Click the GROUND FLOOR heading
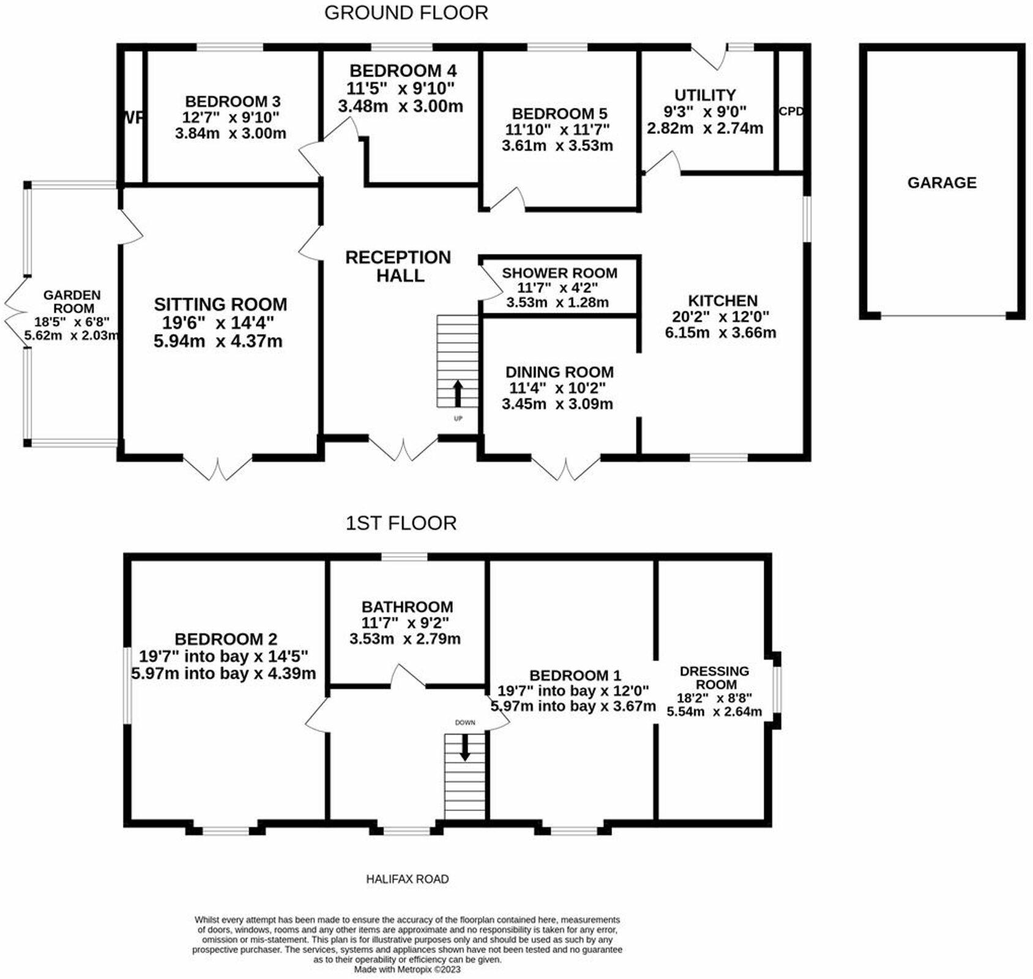pos(406,13)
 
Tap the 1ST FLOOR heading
pos(401,523)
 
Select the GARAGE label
pos(942,182)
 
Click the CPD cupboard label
pos(790,112)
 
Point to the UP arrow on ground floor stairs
pos(457,393)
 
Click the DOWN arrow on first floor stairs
pos(465,747)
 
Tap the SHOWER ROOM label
pos(559,273)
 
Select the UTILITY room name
pos(705,95)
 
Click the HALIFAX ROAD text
pos(407,879)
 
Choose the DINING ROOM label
pos(559,372)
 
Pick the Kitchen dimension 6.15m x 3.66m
pos(720,333)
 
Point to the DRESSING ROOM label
pos(714,677)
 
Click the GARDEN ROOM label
pos(72,302)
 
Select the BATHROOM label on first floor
pos(407,607)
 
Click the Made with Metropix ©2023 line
pos(407,969)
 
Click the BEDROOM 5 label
pos(559,114)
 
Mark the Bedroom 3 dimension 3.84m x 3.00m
pos(231,133)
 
